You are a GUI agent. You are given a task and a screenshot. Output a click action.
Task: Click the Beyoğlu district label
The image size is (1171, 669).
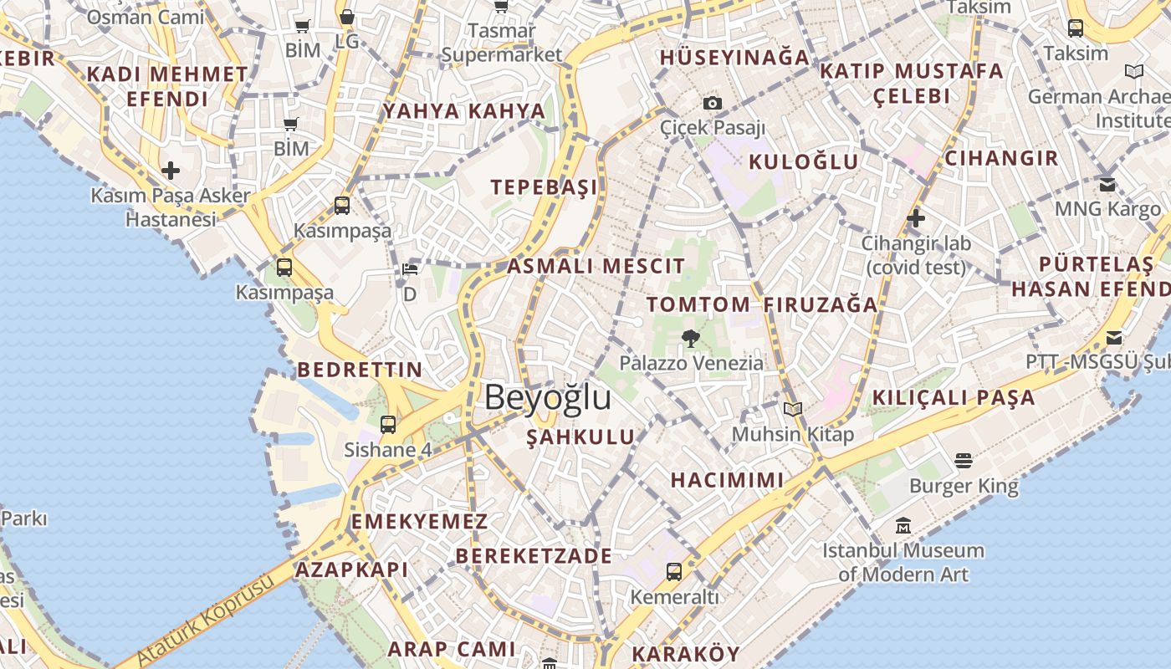coord(547,397)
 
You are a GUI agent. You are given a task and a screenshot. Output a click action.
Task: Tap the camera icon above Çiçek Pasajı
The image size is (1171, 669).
coord(713,103)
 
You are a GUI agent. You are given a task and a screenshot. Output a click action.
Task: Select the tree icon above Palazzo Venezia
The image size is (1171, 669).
coord(690,338)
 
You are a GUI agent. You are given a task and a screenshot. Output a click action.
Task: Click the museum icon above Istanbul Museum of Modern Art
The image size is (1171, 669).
coord(903,526)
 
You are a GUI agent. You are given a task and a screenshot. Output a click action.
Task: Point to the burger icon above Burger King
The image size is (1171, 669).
coord(964,460)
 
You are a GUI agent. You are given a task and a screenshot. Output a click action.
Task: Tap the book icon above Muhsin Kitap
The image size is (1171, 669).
coord(793,409)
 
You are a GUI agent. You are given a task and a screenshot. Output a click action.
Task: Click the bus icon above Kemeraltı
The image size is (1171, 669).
coord(674,572)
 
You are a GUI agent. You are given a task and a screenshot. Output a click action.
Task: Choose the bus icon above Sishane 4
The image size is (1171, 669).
coord(388,424)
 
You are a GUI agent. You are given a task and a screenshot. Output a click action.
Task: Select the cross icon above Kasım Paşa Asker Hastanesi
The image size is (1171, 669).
coord(171,171)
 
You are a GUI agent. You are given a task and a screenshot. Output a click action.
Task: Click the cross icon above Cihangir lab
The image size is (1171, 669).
coord(916,218)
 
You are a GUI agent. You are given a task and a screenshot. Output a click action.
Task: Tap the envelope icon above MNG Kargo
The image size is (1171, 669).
coord(1107,184)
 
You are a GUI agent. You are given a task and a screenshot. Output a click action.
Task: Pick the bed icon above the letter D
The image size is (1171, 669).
coord(410,269)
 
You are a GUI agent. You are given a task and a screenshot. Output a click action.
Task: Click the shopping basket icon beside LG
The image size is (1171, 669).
coord(346,17)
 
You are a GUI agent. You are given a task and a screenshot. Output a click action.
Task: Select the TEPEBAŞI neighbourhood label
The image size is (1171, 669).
coord(545,186)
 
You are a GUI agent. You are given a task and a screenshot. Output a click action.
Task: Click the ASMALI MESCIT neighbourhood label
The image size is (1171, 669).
coord(596,266)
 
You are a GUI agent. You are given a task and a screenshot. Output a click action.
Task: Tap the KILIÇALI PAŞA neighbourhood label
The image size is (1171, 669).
coord(954,397)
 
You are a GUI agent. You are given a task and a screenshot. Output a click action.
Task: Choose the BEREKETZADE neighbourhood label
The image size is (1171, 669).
coord(534,556)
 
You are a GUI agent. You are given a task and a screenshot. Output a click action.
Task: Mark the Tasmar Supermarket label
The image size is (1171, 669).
coord(502,43)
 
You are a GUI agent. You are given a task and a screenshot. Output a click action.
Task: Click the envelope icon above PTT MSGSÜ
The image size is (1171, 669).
coord(1114,338)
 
